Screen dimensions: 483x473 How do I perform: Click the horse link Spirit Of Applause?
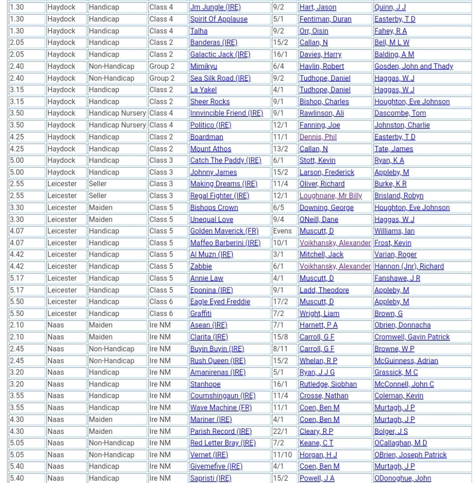[219, 19]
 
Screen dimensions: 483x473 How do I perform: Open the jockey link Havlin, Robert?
[322, 67]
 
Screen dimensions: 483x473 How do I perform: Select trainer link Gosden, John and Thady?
[414, 67]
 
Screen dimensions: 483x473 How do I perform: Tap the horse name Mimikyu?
[204, 67]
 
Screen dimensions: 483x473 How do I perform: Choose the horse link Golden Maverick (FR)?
[224, 231]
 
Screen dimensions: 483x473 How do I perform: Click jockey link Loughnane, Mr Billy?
[331, 196]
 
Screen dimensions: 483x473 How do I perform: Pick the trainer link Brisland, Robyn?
[399, 196]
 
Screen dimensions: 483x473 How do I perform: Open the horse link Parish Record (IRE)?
[221, 431]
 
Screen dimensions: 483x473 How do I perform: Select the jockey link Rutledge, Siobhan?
[328, 384]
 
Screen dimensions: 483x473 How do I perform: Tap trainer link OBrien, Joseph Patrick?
[410, 455]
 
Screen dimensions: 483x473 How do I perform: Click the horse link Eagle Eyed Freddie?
[220, 302]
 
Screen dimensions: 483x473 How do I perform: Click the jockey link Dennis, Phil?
[318, 137]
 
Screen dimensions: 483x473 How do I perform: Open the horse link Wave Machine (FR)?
[221, 408]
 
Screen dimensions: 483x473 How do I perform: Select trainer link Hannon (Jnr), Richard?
[409, 266]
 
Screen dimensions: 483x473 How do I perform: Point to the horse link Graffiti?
[201, 314]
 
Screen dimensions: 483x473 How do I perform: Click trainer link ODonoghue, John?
[402, 478]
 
